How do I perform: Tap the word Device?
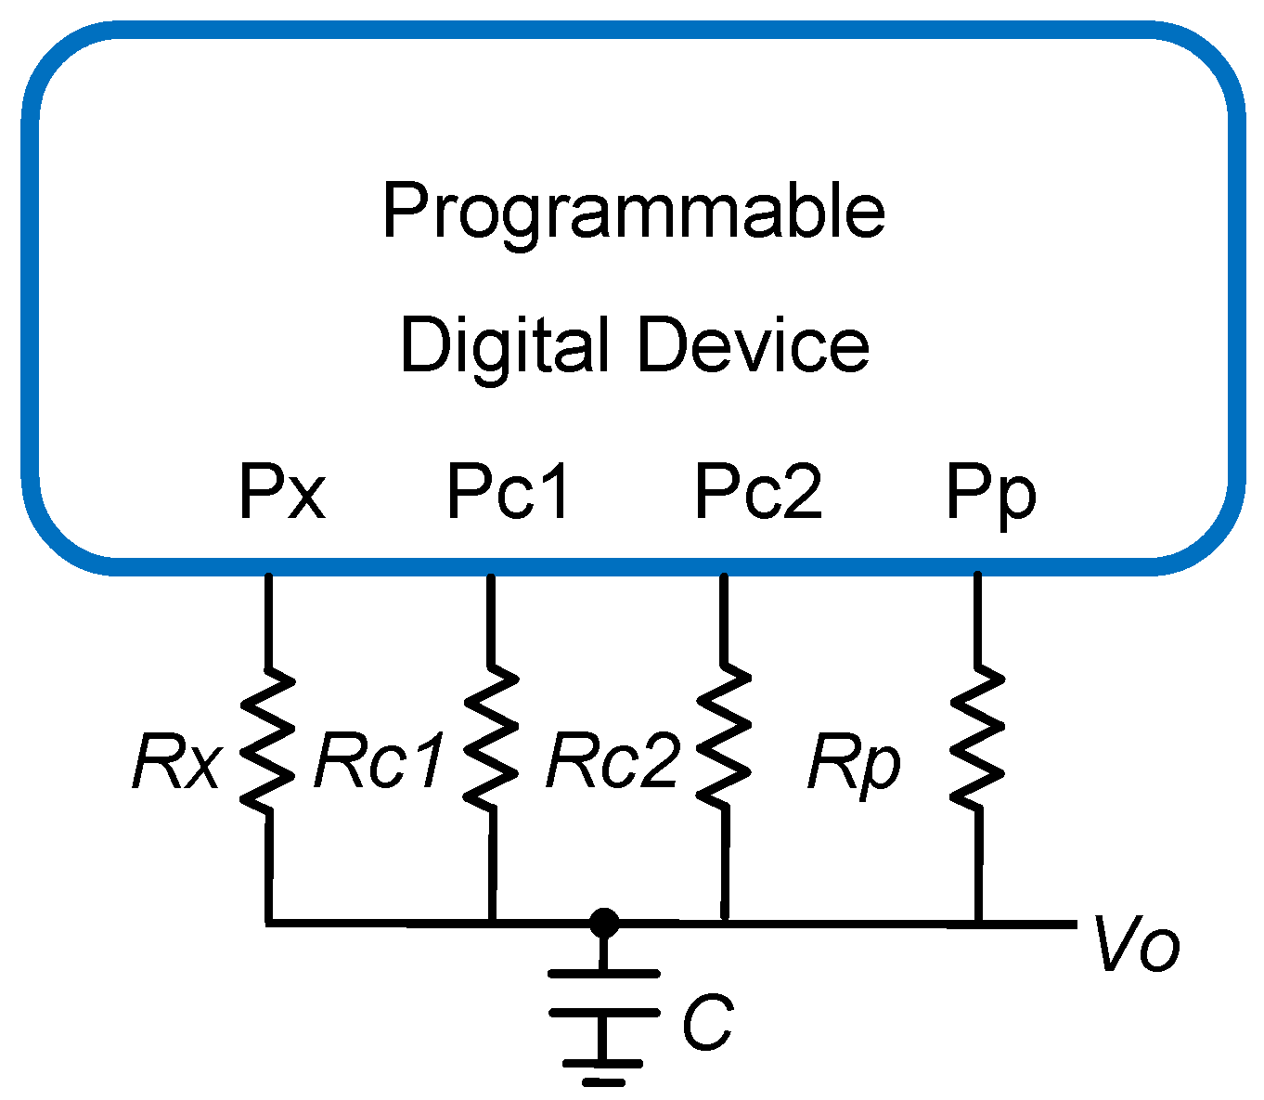coord(753,344)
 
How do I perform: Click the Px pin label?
coord(282,491)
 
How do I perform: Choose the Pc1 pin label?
coord(509,491)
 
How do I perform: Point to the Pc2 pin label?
coord(758,491)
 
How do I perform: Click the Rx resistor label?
coord(176,763)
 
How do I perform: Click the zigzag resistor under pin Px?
coord(268,739)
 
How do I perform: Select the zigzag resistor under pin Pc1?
coord(490,739)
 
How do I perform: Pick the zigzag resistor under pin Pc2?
coord(724,739)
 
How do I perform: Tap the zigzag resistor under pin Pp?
coord(976,739)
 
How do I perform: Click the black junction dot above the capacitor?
coord(604,923)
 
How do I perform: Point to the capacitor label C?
coord(707,1023)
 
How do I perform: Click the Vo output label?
coord(1137,945)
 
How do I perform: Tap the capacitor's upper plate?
coord(604,974)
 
